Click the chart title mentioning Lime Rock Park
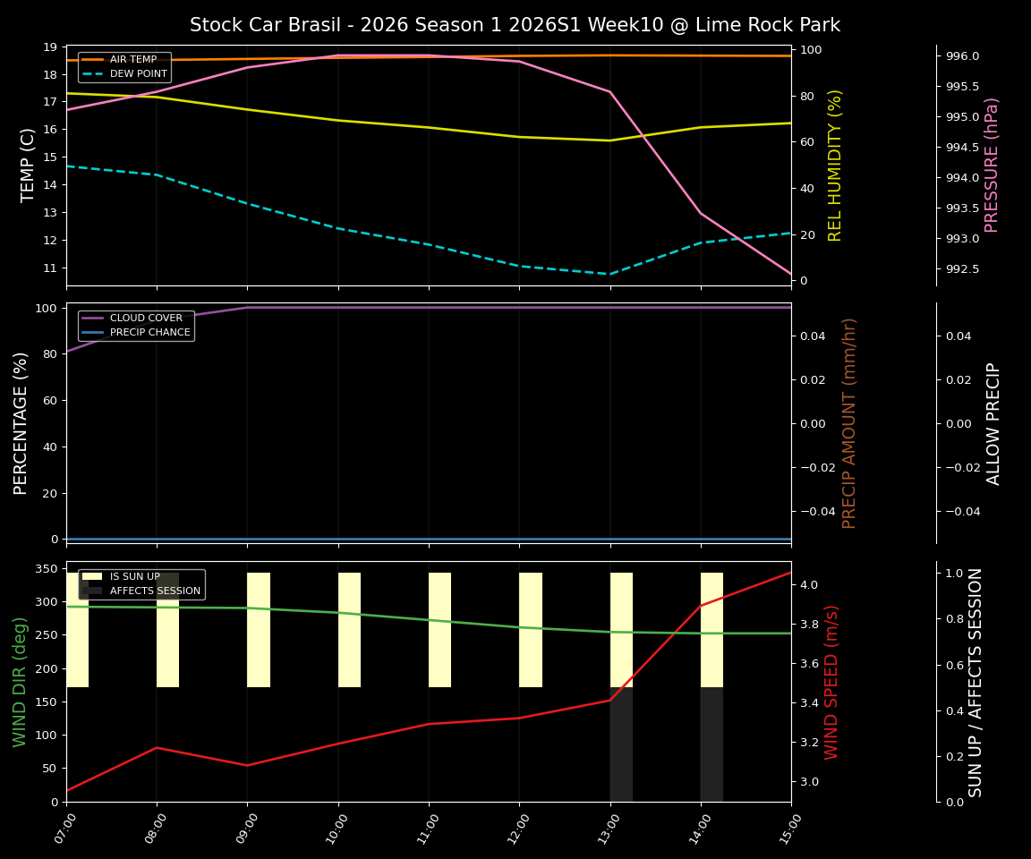click(515, 25)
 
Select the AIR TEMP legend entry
click(133, 60)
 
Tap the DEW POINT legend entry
click(138, 74)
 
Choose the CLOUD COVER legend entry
click(146, 319)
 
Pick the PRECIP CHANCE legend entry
click(149, 333)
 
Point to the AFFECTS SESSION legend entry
click(155, 591)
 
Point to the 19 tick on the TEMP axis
click(49, 47)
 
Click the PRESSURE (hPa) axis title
click(992, 165)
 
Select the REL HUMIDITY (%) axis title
click(836, 165)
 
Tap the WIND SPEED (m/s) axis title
click(832, 682)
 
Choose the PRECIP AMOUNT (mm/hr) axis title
click(850, 422)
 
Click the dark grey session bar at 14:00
click(711, 744)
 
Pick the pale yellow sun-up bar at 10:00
click(349, 630)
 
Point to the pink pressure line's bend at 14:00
click(701, 213)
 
